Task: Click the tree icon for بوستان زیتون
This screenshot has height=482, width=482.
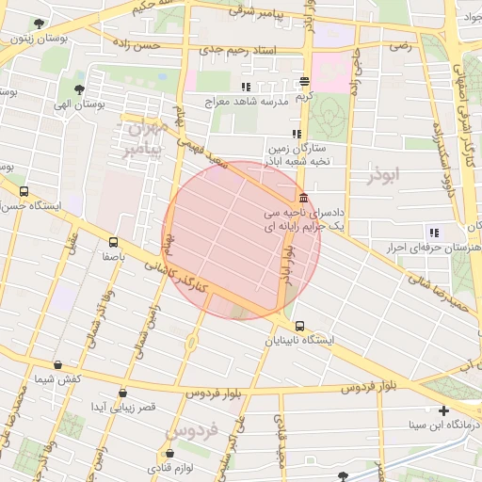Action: point(38,24)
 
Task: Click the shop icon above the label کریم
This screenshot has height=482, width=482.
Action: point(303,82)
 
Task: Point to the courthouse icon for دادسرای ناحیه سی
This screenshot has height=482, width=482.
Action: point(302,199)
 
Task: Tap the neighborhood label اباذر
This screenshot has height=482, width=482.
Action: point(385,175)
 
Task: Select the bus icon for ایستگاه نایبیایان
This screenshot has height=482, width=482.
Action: point(300,326)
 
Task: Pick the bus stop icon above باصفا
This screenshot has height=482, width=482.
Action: point(114,241)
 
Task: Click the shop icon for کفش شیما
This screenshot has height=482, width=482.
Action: point(58,364)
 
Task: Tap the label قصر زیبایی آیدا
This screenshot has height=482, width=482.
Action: point(121,406)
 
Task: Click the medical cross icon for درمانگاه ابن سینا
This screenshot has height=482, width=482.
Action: point(443,410)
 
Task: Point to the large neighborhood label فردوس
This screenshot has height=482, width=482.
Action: point(192,430)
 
